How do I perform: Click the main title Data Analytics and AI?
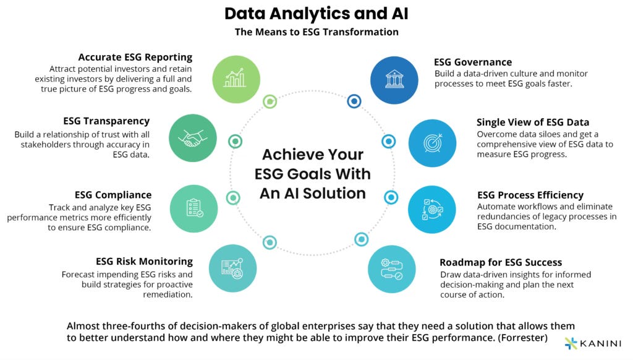pos(316,14)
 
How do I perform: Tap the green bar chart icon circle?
pos(236,78)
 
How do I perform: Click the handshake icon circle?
pos(192,138)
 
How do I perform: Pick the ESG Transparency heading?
pos(106,121)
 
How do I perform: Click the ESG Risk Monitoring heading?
pos(144,261)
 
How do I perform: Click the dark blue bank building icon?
pos(394,79)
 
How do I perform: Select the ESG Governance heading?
pos(473,62)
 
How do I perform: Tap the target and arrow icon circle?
pos(432,142)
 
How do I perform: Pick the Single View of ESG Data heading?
pos(532,122)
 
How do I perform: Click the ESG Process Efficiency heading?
pos(530,195)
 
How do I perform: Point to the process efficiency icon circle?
pos(432,209)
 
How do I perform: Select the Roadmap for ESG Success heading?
pos(500,262)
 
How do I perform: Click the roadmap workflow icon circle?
pos(393,268)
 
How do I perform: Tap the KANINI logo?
pos(592,343)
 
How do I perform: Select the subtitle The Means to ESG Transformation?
pos(316,32)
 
